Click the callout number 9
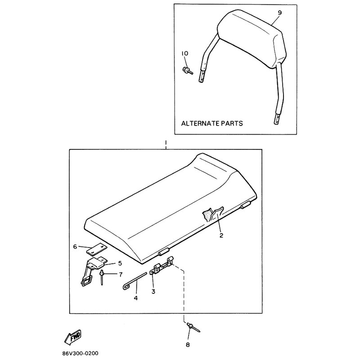[x=279, y=13]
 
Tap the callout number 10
[x=185, y=53]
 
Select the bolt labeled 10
[x=188, y=70]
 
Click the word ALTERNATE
[x=200, y=123]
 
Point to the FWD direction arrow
[x=73, y=337]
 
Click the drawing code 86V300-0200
[x=80, y=353]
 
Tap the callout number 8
[x=188, y=345]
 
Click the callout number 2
[x=221, y=235]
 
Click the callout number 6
[x=75, y=247]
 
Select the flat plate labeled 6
[x=96, y=249]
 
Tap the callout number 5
[x=120, y=263]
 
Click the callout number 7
[x=121, y=274]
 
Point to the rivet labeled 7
[x=101, y=277]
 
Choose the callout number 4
[x=136, y=298]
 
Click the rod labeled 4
[x=135, y=280]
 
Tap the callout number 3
[x=153, y=291]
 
